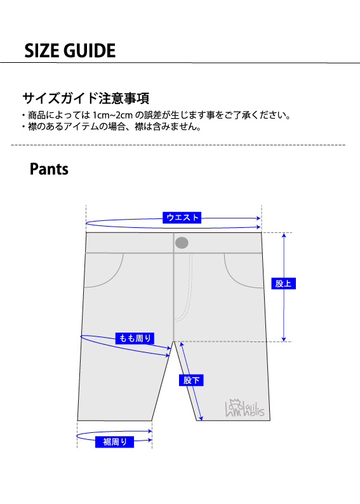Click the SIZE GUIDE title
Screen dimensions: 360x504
70,51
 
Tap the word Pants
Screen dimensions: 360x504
49,169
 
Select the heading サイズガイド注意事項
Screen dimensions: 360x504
86,98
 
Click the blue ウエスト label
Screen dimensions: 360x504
182,218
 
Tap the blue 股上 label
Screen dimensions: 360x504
283,284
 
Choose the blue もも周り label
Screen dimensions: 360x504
135,338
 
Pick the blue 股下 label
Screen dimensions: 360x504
191,380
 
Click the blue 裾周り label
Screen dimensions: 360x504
114,442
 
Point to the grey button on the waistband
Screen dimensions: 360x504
182,242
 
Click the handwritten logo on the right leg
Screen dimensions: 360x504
244,408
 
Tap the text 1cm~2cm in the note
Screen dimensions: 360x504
112,115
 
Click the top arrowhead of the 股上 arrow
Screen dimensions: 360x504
284,235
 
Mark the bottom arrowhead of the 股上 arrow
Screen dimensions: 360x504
284,339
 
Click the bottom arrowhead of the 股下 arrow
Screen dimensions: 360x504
201,418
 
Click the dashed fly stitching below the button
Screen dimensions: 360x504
187,289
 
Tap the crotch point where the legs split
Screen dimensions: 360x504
173,342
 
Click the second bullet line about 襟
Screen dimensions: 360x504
112,127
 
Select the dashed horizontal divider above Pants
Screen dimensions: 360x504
178,145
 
